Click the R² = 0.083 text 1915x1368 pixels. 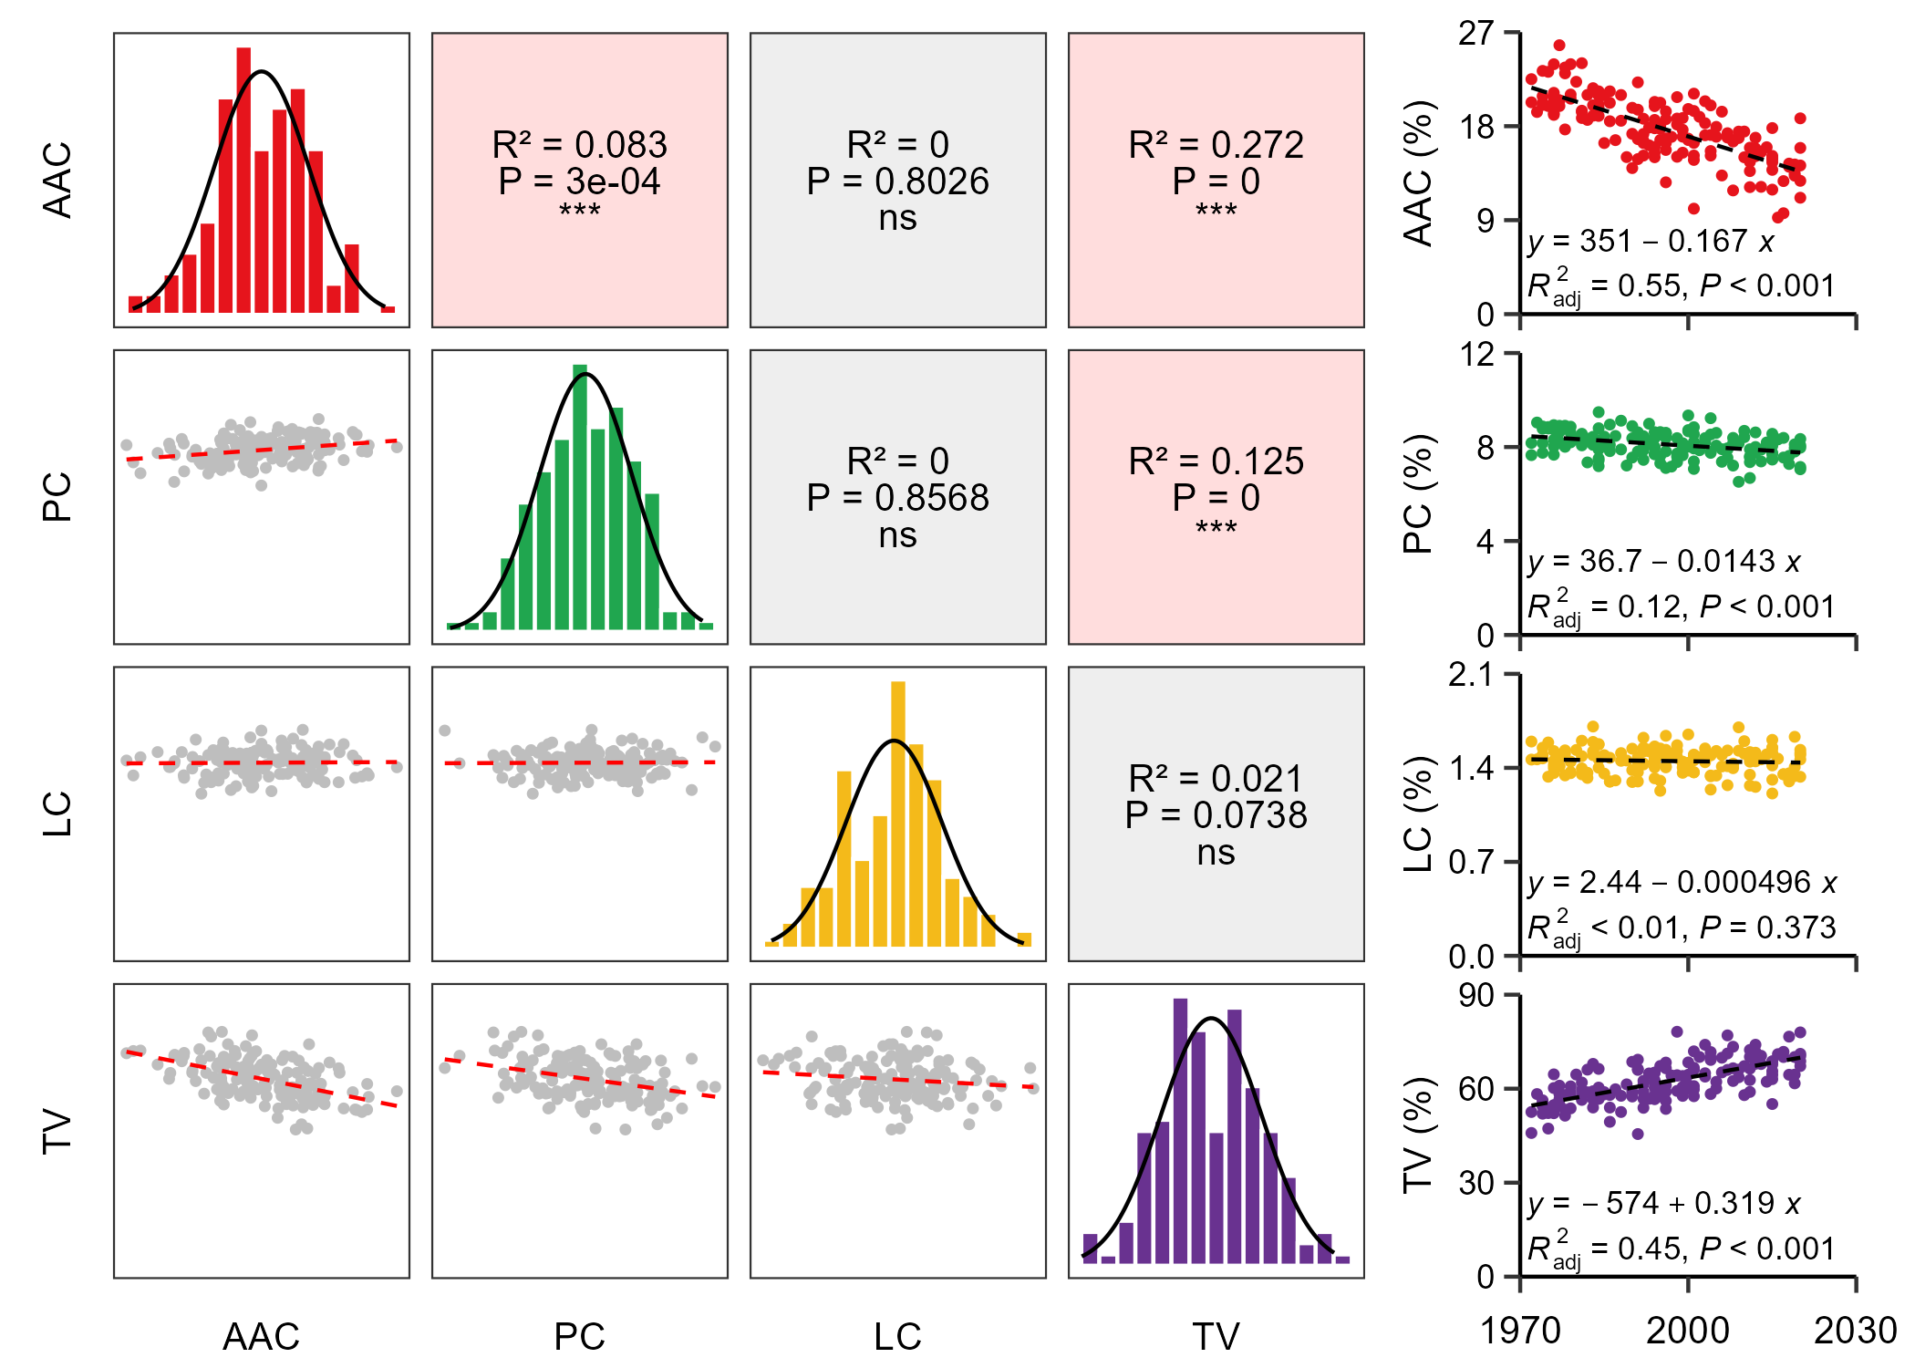click(x=579, y=145)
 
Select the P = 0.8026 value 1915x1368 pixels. click(x=897, y=181)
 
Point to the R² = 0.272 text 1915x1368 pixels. click(x=1216, y=145)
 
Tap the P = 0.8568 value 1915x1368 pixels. click(x=897, y=498)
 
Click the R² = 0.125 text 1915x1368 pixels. click(x=1216, y=461)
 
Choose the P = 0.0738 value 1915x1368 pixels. click(x=1216, y=815)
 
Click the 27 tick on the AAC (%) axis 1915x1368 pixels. click(x=1476, y=34)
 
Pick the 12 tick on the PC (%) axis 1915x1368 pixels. click(x=1476, y=354)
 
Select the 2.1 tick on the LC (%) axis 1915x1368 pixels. click(x=1471, y=675)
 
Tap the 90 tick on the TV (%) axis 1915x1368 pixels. click(x=1476, y=995)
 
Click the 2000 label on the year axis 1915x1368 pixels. click(x=1687, y=1331)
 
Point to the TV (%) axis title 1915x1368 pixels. click(x=1419, y=1135)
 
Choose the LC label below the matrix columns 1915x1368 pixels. click(x=897, y=1336)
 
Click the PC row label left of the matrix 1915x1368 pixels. click(x=57, y=497)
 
